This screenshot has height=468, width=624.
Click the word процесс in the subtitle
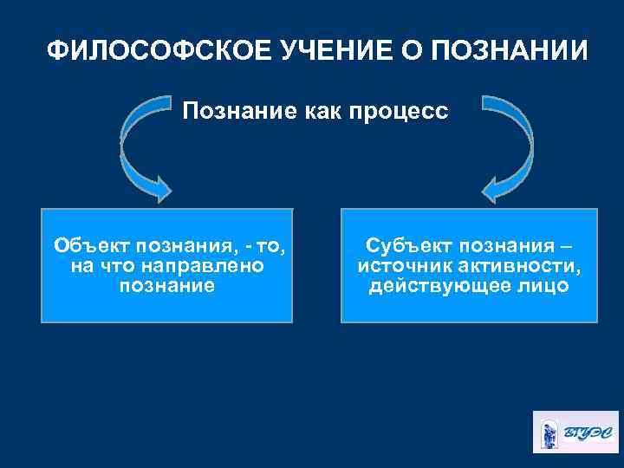pyautogui.click(x=405, y=112)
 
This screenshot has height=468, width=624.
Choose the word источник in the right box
pyautogui.click(x=400, y=265)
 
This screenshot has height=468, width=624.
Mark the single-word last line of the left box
pyautogui.click(x=165, y=285)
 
